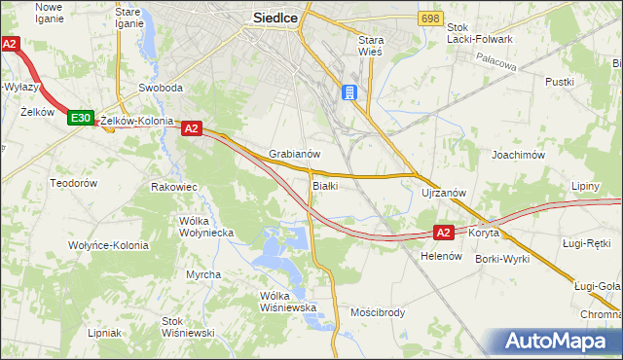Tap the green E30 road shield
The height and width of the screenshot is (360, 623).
80,119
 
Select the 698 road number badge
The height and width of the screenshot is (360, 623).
431,18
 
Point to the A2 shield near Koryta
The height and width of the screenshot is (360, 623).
443,233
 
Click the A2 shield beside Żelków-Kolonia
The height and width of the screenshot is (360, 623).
190,127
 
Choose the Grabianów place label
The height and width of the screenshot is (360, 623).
295,154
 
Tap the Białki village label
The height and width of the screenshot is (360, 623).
325,185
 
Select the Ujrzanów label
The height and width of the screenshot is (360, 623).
444,193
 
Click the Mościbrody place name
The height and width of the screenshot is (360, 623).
377,313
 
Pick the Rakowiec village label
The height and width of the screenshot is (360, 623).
174,186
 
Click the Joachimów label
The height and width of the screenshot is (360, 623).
517,155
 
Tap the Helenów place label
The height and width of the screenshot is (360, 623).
440,256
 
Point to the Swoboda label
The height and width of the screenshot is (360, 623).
161,88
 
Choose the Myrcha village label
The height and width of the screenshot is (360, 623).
203,274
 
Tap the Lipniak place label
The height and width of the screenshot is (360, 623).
104,332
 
